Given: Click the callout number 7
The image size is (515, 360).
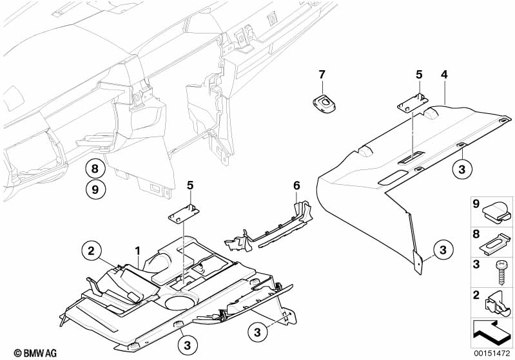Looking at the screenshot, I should pyautogui.click(x=322, y=75).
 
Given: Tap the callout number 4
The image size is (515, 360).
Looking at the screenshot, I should pyautogui.click(x=443, y=75).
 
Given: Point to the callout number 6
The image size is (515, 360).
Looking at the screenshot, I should pyautogui.click(x=296, y=185).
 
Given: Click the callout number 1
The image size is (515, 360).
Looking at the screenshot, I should pyautogui.click(x=137, y=249).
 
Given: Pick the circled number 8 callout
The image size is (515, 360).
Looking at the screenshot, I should pyautogui.click(x=95, y=169).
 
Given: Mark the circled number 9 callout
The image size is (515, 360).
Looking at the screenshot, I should pyautogui.click(x=95, y=190).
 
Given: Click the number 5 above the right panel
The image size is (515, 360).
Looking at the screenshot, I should pyautogui.click(x=419, y=75).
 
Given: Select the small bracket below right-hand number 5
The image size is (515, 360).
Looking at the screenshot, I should pyautogui.click(x=411, y=101).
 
